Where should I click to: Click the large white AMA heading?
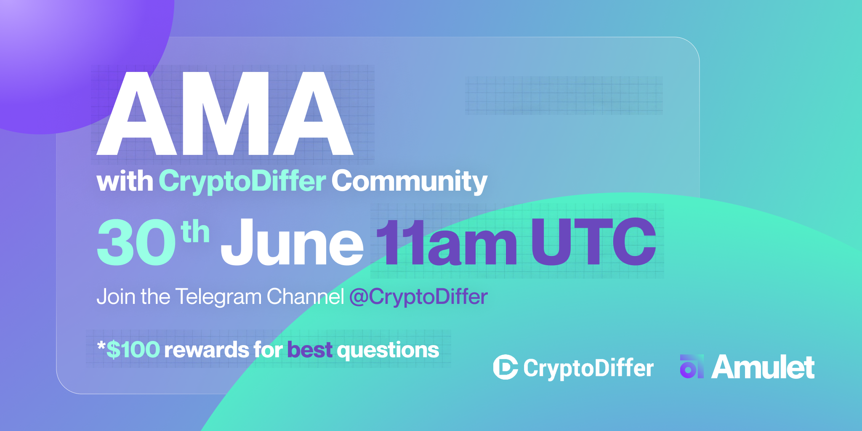(x=225, y=114)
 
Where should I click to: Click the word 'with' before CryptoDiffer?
(x=125, y=182)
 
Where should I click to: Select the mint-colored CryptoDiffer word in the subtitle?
(x=242, y=182)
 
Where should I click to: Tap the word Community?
(x=409, y=182)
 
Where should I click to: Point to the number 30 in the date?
(x=136, y=243)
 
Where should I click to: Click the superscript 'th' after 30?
(x=195, y=232)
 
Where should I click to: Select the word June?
(x=292, y=243)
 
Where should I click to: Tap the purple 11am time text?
(x=446, y=243)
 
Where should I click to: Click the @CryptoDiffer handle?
(x=418, y=297)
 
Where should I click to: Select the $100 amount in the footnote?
(x=133, y=350)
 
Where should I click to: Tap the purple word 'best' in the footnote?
(x=310, y=350)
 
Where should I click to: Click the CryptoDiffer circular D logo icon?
(x=505, y=367)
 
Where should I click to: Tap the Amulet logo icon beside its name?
(x=691, y=367)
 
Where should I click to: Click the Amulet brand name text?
(x=763, y=367)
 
